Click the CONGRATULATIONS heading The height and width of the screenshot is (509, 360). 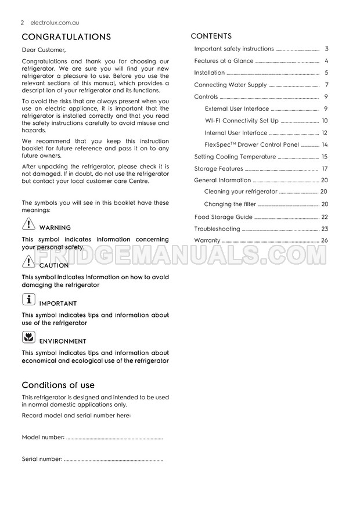click(x=66, y=37)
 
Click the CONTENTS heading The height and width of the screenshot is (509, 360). click(x=211, y=36)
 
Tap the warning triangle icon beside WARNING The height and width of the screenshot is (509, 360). click(x=28, y=225)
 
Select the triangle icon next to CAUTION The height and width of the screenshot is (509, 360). click(x=28, y=262)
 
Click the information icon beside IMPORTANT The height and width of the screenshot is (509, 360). click(x=28, y=300)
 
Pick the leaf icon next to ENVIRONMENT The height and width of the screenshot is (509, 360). click(x=28, y=338)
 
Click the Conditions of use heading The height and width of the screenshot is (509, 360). click(x=58, y=385)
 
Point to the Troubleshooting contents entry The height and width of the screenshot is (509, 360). click(x=217, y=229)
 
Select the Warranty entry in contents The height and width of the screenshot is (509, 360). click(x=207, y=240)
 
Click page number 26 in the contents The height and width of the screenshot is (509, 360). click(x=325, y=240)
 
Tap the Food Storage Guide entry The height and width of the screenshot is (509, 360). click(x=223, y=217)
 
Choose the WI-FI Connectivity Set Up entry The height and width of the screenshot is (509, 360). click(x=242, y=121)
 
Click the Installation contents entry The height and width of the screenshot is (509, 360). click(x=210, y=73)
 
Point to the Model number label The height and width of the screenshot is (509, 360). click(x=42, y=437)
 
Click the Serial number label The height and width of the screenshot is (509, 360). click(x=42, y=459)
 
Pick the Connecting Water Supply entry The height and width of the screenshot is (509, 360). click(x=231, y=85)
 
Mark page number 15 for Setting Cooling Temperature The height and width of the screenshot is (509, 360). click(x=325, y=157)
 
